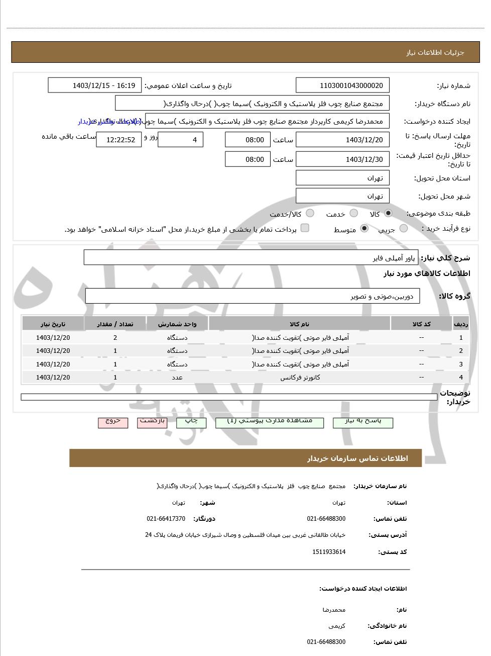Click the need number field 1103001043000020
point(342,85)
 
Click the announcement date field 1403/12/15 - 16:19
point(95,85)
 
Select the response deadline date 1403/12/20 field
point(342,140)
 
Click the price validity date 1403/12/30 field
point(342,159)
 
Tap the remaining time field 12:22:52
point(119,140)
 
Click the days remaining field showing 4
point(180,140)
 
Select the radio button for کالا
point(388,213)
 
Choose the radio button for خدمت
point(353,213)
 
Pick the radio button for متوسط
point(364,229)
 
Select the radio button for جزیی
point(403,229)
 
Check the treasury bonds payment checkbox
point(305,228)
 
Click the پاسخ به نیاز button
point(363,422)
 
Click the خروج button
point(113,422)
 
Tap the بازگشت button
point(152,422)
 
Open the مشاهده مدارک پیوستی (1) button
point(270,422)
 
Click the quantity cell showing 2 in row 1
point(115,338)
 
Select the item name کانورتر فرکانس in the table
point(300,378)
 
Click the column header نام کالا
point(300,324)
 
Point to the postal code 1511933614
point(329,552)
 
